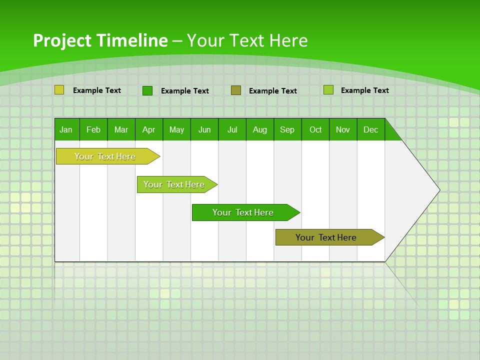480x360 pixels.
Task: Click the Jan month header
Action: tap(66, 129)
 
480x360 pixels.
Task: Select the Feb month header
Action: tap(93, 129)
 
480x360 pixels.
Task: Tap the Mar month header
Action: tap(121, 129)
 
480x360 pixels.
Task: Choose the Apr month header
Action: tap(148, 129)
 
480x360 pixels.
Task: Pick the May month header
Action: tap(176, 129)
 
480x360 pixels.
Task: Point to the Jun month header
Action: tap(204, 129)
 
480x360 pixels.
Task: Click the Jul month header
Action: tap(232, 129)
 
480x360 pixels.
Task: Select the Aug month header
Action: tap(260, 129)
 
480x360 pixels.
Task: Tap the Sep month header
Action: tap(287, 129)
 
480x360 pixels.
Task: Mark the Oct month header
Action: tap(315, 129)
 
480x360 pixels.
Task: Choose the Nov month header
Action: tap(343, 129)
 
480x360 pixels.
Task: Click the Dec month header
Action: tap(371, 129)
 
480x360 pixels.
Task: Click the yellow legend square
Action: tap(59, 90)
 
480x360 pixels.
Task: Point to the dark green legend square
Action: tap(147, 90)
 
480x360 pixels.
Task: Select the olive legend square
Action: tap(236, 90)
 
